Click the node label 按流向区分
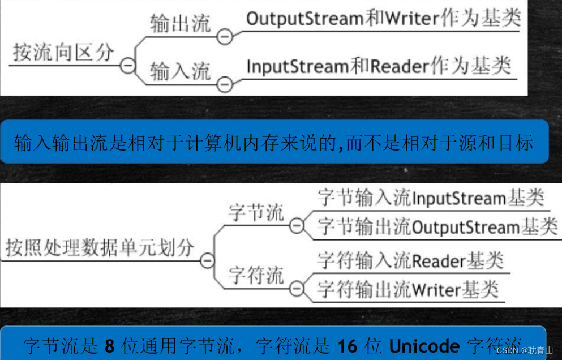[63, 53]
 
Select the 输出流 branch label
[180, 24]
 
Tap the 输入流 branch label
[180, 72]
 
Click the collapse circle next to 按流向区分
[128, 66]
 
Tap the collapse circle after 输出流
[225, 37]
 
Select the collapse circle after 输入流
[225, 85]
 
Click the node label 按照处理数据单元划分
[100, 247]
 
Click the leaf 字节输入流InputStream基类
[430, 198]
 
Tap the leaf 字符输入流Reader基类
[410, 261]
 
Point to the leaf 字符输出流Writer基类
[407, 289]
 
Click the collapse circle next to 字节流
[296, 226]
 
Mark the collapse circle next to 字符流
[296, 288]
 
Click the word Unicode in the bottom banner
[424, 345]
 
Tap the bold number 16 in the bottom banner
[348, 345]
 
